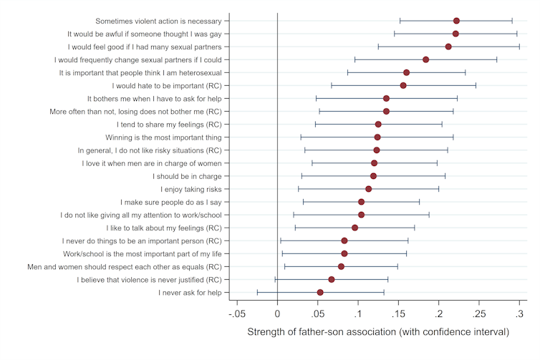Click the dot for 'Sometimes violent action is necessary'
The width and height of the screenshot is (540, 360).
pyautogui.click(x=456, y=21)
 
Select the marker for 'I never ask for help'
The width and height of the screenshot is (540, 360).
pyautogui.click(x=320, y=292)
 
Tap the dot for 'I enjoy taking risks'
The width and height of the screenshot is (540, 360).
pyautogui.click(x=369, y=189)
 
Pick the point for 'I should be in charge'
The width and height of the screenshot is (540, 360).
pyautogui.click(x=373, y=176)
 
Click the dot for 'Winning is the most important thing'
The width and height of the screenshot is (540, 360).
pyautogui.click(x=377, y=137)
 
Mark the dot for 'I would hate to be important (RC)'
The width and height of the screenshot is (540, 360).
pyautogui.click(x=403, y=85)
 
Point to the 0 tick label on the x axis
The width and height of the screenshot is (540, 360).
pyautogui.click(x=277, y=314)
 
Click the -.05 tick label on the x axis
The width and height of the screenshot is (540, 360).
pyautogui.click(x=237, y=314)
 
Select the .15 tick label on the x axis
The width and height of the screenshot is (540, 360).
pyautogui.click(x=398, y=314)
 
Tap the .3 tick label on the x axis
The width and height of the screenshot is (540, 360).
pyautogui.click(x=521, y=314)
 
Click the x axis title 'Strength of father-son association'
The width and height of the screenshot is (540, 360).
pyautogui.click(x=378, y=333)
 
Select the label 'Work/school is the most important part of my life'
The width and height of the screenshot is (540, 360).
pyautogui.click(x=142, y=253)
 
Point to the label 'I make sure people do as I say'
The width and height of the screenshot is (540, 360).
pyautogui.click(x=170, y=202)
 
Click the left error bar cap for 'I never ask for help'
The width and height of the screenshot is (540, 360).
pyautogui.click(x=257, y=292)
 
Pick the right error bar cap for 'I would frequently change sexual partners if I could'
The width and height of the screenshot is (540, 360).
pyautogui.click(x=496, y=59)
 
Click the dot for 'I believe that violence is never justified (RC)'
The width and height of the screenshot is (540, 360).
pyautogui.click(x=332, y=279)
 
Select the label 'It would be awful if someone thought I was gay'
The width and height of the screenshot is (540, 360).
pyautogui.click(x=144, y=34)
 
